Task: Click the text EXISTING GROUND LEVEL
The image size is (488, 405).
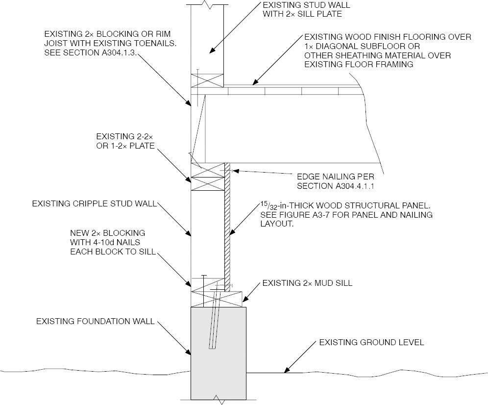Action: click(x=371, y=342)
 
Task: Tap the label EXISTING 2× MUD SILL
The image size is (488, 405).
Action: click(x=307, y=283)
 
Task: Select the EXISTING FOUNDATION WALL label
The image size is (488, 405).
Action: click(x=96, y=322)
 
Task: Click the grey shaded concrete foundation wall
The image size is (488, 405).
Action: click(x=218, y=353)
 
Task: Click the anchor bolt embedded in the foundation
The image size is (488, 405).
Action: click(x=214, y=319)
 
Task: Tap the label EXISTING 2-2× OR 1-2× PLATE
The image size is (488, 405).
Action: click(x=125, y=141)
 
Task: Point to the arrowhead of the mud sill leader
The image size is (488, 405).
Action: click(x=244, y=300)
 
